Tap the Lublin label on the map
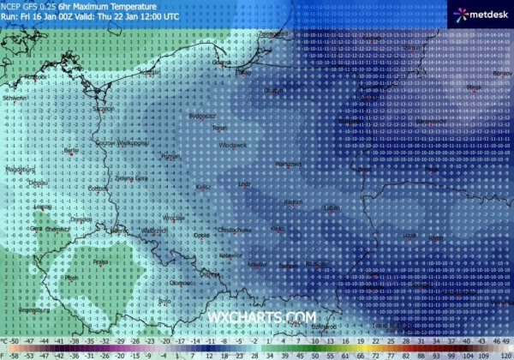click(331, 207)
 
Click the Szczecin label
click(103, 109)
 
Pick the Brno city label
click(165, 301)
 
